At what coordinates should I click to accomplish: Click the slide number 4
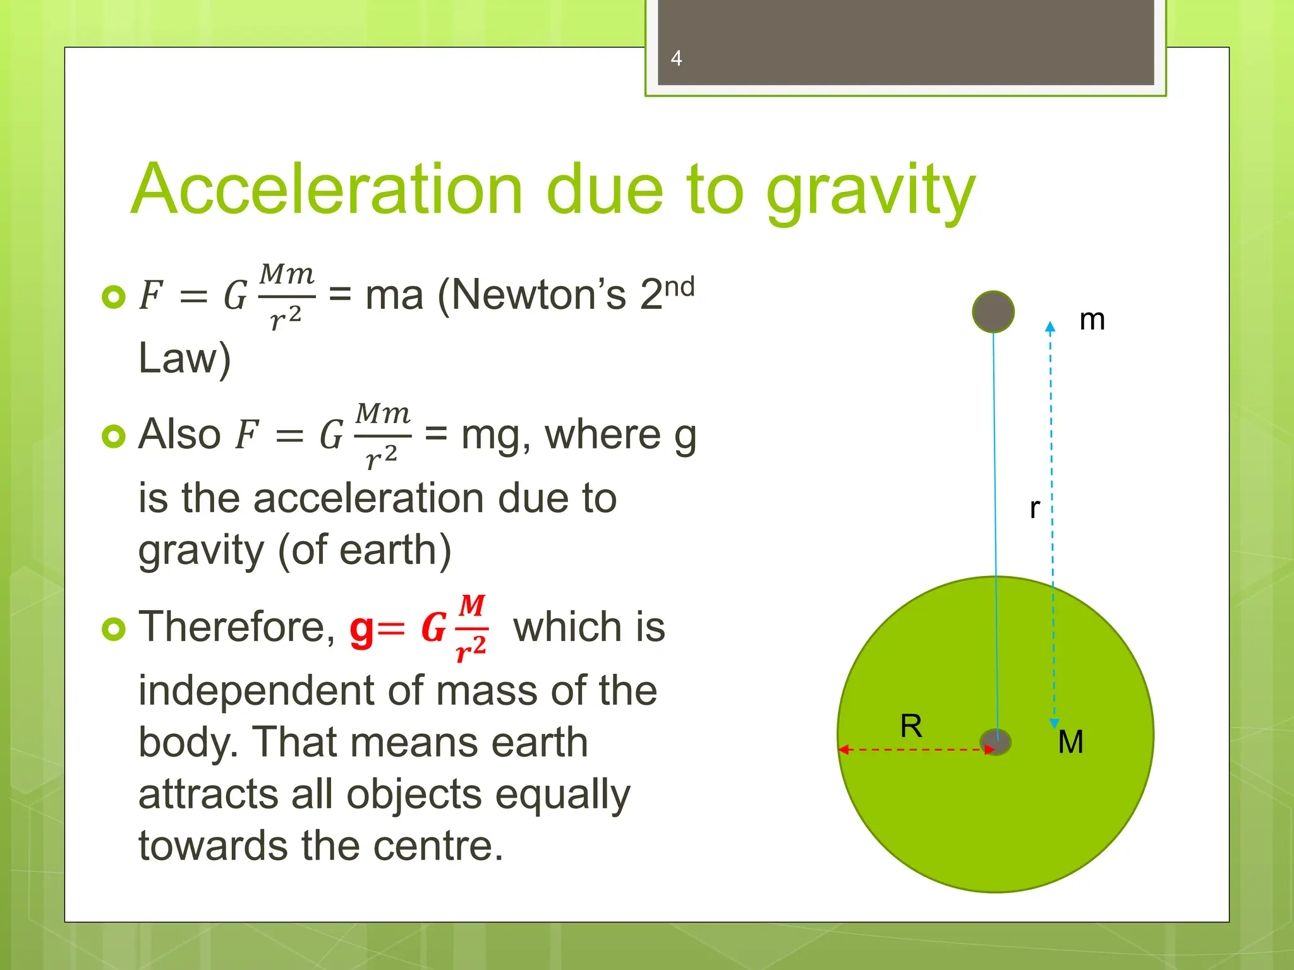click(676, 58)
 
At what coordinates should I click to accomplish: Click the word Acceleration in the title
click(327, 189)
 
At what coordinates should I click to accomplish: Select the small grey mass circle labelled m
click(993, 311)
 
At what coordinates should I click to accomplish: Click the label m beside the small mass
click(1092, 320)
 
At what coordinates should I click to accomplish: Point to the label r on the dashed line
click(1034, 508)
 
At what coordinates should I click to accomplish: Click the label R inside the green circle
click(911, 726)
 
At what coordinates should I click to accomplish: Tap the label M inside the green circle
click(1070, 742)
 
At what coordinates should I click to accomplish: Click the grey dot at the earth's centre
click(996, 741)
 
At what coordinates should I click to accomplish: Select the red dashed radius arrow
click(916, 750)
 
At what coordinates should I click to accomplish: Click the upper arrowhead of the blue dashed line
click(1050, 326)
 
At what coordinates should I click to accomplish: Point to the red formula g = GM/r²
click(418, 628)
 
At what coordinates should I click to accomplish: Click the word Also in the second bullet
click(179, 434)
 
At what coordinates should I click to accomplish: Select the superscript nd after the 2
click(680, 287)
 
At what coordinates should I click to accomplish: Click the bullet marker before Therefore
click(114, 628)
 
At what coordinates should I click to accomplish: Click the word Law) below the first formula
click(184, 358)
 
